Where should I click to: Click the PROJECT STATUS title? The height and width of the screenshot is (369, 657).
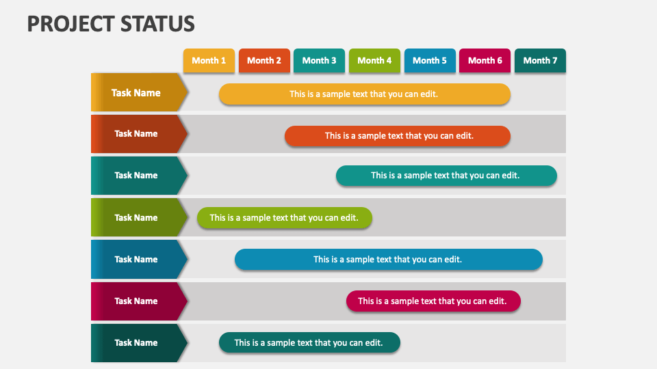pos(111,23)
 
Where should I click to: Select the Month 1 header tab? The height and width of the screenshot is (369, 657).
pos(209,61)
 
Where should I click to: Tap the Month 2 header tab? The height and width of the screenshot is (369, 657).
pos(264,61)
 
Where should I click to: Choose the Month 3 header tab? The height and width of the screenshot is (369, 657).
pos(319,61)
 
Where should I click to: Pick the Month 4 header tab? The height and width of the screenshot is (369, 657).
pos(374,61)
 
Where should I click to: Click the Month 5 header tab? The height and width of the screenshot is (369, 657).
pos(430,61)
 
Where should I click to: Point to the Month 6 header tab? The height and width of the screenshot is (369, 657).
pos(485,61)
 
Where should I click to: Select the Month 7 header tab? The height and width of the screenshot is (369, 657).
pos(540,61)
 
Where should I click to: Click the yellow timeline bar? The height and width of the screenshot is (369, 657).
pos(364,94)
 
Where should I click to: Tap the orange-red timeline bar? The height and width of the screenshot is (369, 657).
pos(398,136)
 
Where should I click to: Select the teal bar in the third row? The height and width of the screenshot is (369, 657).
pos(446,176)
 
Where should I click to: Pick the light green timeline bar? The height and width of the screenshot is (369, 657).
pos(284,218)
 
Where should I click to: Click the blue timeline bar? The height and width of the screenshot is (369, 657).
pos(388,260)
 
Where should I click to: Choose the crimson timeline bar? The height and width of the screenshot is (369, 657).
pos(433,301)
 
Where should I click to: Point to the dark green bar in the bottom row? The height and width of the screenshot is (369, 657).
pos(309,343)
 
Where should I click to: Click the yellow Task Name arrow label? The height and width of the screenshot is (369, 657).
pos(137,93)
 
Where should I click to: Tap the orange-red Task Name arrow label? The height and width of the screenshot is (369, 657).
pos(137,134)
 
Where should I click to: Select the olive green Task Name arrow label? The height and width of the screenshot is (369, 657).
pos(137,218)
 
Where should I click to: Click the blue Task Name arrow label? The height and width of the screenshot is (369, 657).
pos(137,260)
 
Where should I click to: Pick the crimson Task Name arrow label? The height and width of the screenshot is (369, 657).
pos(137,301)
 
